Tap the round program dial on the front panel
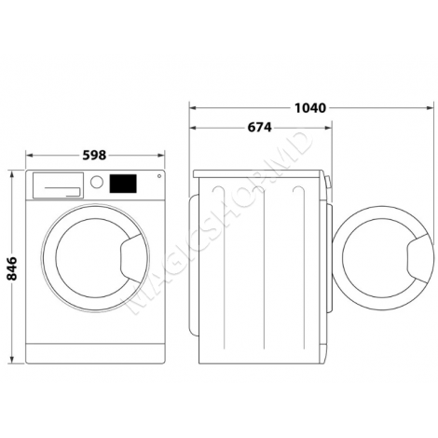[x=97, y=183]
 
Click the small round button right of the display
[x=158, y=177]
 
